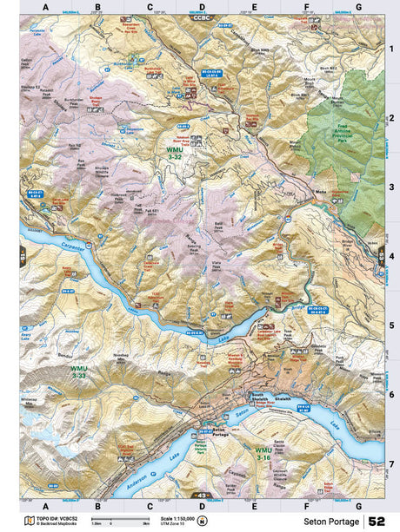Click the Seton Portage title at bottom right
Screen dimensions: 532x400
[x=330, y=522]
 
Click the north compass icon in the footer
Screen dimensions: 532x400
[x=203, y=521]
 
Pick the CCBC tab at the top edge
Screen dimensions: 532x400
[x=202, y=17]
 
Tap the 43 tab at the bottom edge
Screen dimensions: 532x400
[x=202, y=495]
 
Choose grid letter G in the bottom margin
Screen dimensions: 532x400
[x=358, y=505]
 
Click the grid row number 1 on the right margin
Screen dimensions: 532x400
[x=391, y=49]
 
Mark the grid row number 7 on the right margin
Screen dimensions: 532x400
[x=391, y=463]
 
